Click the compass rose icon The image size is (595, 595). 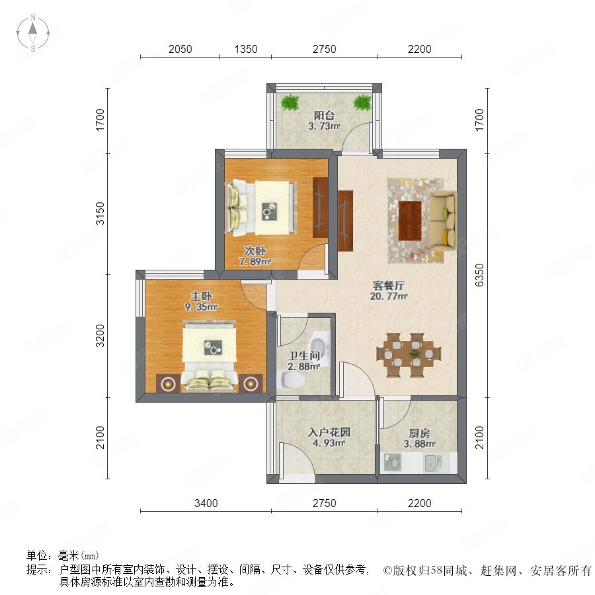pyautogui.click(x=33, y=33)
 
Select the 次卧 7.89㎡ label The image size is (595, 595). pyautogui.click(x=255, y=256)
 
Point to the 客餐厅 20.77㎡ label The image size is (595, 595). pyautogui.click(x=389, y=291)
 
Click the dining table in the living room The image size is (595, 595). pyautogui.click(x=409, y=355)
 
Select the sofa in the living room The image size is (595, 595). pyautogui.click(x=443, y=221)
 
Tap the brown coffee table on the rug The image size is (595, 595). pyautogui.click(x=410, y=220)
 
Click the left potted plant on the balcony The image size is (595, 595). pyautogui.click(x=290, y=102)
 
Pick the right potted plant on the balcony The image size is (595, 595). pyautogui.click(x=362, y=102)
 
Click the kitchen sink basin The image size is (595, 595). pyautogui.click(x=433, y=463)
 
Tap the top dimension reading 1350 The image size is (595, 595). pyautogui.click(x=246, y=50)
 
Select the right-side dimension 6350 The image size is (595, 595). pyautogui.click(x=480, y=275)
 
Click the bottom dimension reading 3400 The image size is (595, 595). pyautogui.click(x=206, y=503)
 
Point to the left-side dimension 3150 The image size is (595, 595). pyautogui.click(x=100, y=214)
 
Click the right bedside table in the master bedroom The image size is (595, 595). pyautogui.click(x=251, y=383)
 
